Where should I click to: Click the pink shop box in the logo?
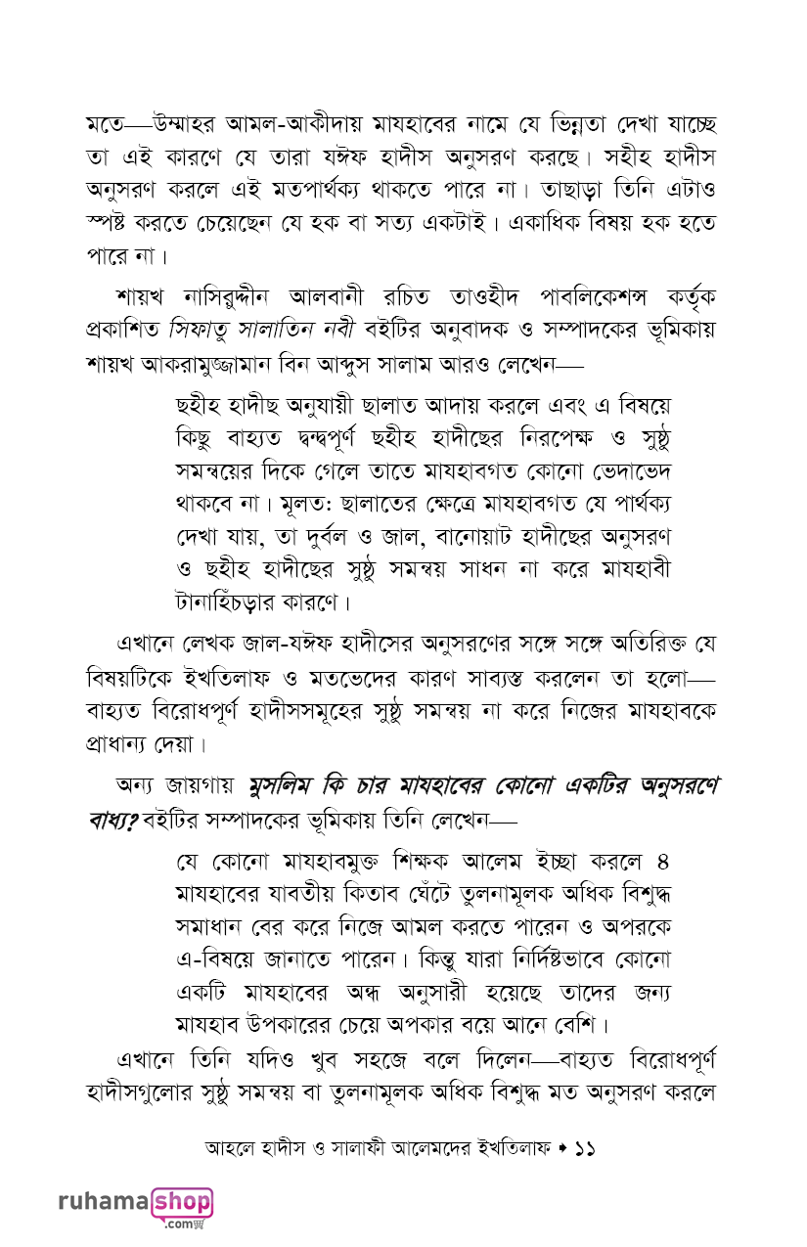click(182, 1201)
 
